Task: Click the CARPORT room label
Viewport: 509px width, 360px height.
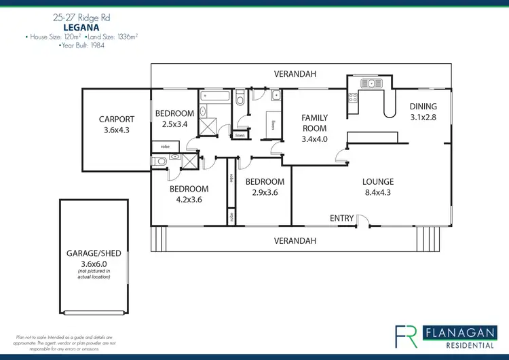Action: (x=117, y=120)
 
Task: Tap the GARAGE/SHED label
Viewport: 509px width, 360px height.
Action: (x=94, y=253)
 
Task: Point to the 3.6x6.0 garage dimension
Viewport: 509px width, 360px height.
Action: (x=94, y=264)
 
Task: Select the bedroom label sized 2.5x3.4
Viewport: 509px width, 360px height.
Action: (x=174, y=113)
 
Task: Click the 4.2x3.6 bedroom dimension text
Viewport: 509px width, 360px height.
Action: (x=189, y=200)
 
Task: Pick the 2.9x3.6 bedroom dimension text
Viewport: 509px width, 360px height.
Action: (x=265, y=193)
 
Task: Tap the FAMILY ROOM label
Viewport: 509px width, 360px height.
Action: (x=315, y=123)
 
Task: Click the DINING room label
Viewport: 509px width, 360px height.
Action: (x=423, y=107)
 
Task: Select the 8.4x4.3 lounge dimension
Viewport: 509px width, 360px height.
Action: (x=378, y=192)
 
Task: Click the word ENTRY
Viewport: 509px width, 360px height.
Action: (x=341, y=218)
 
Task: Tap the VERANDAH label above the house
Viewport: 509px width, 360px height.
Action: (x=295, y=73)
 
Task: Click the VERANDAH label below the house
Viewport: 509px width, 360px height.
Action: (x=295, y=240)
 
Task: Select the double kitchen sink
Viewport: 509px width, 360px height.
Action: (x=371, y=84)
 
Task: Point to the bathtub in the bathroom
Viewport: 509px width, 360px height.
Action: (x=215, y=98)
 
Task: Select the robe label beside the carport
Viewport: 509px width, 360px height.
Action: (x=165, y=147)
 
